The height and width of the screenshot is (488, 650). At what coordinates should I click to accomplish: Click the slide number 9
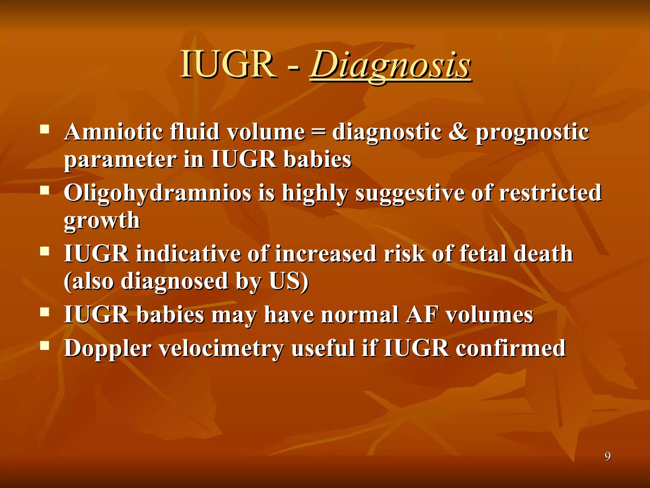click(607, 457)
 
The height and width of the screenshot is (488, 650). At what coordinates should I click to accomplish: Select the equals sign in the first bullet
click(318, 132)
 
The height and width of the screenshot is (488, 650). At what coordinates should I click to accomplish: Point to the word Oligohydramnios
click(157, 193)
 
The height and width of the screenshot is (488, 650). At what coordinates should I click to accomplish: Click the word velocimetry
click(221, 349)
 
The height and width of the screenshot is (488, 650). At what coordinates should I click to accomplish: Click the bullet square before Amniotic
click(45, 129)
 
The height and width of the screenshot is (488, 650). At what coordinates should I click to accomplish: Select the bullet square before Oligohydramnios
click(45, 190)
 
